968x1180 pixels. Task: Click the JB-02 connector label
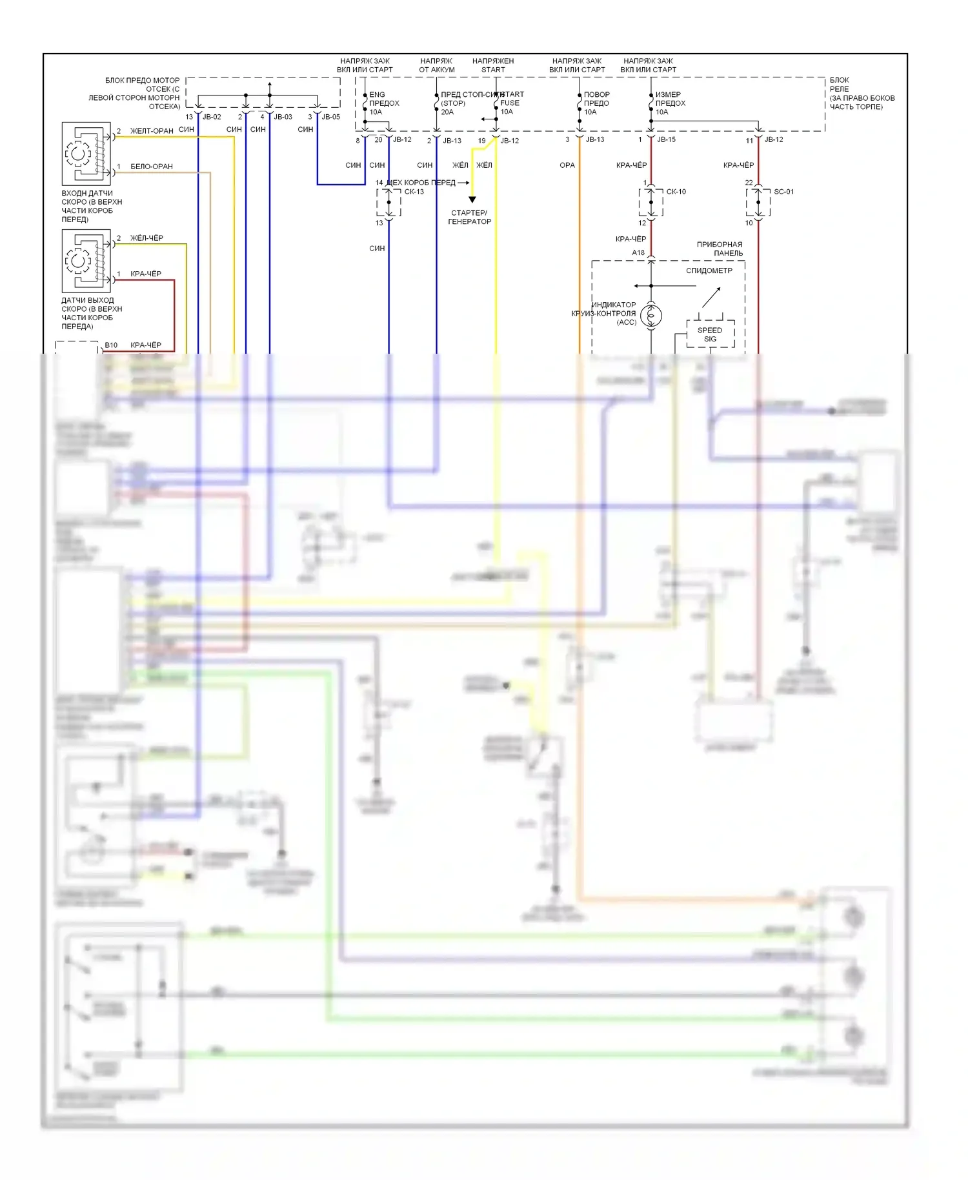tap(212, 117)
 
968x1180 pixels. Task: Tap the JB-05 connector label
tap(330, 117)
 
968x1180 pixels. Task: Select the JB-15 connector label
tap(666, 139)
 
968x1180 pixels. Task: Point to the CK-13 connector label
tap(414, 192)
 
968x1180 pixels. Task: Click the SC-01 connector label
tap(783, 192)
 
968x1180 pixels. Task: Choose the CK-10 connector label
tap(676, 192)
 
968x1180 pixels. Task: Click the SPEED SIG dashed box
tap(710, 334)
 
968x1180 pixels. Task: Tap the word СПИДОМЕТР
tap(709, 270)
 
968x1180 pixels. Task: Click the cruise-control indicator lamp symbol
tap(651, 316)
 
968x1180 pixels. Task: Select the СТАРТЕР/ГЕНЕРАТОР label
tap(469, 217)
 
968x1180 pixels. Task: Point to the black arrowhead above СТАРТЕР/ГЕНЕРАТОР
tap(472, 200)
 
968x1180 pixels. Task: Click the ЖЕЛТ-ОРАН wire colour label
tap(152, 131)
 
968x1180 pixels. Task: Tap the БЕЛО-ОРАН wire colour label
tap(152, 167)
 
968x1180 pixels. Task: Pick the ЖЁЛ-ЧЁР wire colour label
tap(146, 238)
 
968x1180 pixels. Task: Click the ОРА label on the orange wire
tap(567, 165)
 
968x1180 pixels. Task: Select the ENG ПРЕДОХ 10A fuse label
tap(383, 103)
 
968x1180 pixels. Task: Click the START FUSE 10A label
tap(511, 103)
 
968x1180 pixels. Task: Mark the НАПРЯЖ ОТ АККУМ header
tap(437, 65)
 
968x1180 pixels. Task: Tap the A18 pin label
tap(638, 252)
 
